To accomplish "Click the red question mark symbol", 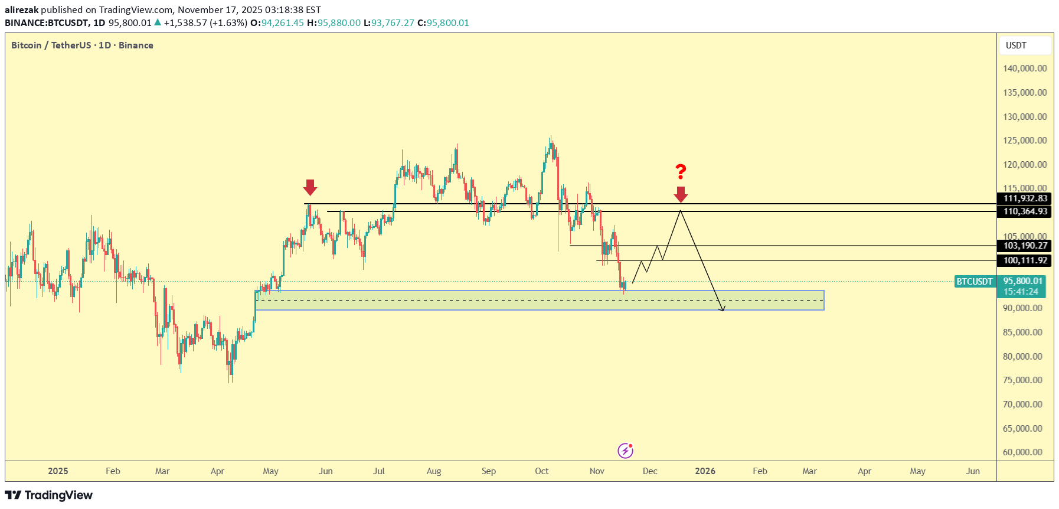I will tap(681, 172).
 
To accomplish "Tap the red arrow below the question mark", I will tap(681, 194).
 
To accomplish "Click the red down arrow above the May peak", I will tap(310, 187).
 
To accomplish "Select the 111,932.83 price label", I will tap(1025, 198).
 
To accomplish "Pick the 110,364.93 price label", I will tap(1025, 211).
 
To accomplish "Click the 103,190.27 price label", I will tap(1025, 246).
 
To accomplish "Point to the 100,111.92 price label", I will tap(1025, 260).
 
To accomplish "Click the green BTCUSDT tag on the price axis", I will tap(975, 282).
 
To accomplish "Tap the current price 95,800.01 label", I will tap(1022, 282).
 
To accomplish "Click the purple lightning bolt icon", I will tap(625, 451).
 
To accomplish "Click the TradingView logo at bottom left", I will tap(49, 495).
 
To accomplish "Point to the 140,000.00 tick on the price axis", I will tap(1025, 68).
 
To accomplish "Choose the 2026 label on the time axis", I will tap(705, 471).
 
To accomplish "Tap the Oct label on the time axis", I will tap(541, 471).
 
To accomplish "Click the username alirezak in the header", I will tap(21, 10).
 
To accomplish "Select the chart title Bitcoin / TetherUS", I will tap(51, 45).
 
